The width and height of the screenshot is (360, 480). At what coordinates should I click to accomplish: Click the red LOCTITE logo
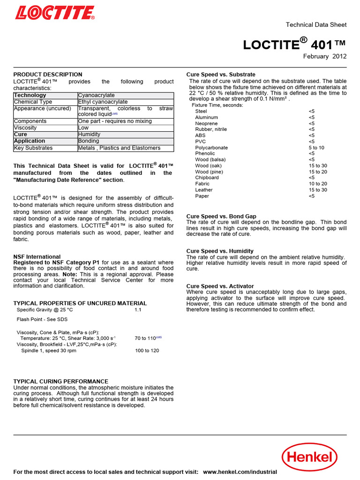[55, 13]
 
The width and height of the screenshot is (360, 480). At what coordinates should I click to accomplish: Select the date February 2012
[325, 56]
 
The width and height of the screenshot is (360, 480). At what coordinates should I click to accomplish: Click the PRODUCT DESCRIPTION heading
[47, 75]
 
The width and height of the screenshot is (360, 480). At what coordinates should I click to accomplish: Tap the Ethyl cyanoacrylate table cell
[103, 102]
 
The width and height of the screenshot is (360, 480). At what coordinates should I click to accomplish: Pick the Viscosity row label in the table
[25, 127]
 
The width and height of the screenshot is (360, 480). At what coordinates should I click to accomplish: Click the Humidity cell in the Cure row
[89, 134]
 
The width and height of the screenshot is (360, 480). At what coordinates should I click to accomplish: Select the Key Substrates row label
[33, 148]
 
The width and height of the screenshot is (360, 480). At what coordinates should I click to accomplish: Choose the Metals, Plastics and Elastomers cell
[119, 148]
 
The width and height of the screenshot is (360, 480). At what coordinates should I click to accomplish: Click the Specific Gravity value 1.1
[138, 310]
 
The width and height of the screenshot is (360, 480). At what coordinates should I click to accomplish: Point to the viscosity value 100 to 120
[147, 351]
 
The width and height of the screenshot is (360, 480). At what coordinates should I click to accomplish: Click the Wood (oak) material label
[209, 166]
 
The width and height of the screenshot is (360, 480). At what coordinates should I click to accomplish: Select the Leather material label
[204, 190]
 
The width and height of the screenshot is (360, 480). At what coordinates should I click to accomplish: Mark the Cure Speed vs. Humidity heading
[220, 251]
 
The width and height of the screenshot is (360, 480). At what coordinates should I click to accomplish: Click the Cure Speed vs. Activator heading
[220, 286]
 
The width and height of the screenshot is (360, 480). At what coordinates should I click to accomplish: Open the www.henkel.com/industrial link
[240, 472]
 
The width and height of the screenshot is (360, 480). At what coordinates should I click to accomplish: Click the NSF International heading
[37, 256]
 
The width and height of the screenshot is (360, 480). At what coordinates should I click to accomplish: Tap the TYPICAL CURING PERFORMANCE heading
[60, 382]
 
